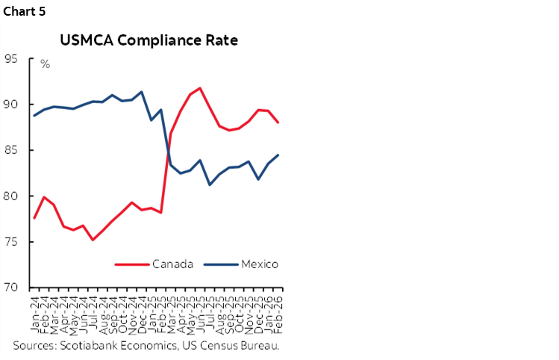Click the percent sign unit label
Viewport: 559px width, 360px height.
coord(45,64)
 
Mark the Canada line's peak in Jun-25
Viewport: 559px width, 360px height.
coord(200,88)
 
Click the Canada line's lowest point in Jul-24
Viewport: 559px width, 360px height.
coord(93,240)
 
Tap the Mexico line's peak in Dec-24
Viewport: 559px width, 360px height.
coord(142,92)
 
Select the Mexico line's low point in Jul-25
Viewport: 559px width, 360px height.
coord(210,184)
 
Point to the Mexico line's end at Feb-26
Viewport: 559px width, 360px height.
coord(278,155)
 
